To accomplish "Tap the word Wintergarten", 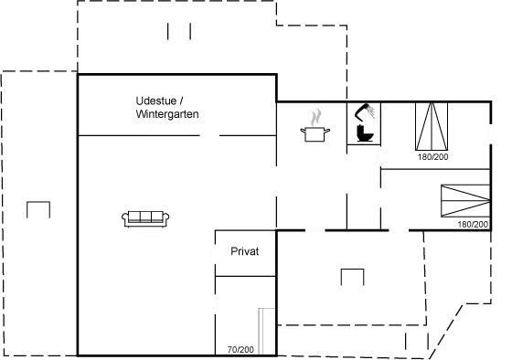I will pyautogui.click(x=166, y=113).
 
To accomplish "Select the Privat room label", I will pyautogui.click(x=245, y=251).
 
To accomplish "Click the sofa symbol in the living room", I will pyautogui.click(x=146, y=217).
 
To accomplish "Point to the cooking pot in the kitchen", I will pyautogui.click(x=315, y=133).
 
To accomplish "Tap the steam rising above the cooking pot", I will pyautogui.click(x=315, y=117).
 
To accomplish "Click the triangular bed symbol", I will pyautogui.click(x=432, y=130).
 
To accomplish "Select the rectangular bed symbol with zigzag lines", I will pyautogui.click(x=464, y=199).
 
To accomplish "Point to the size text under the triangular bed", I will pyautogui.click(x=432, y=157).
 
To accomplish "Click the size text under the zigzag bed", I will pyautogui.click(x=473, y=223).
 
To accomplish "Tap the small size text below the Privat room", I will pyautogui.click(x=240, y=349).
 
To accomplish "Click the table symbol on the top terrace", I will pyautogui.click(x=179, y=31).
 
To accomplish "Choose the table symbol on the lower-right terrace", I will pyautogui.click(x=351, y=277).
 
